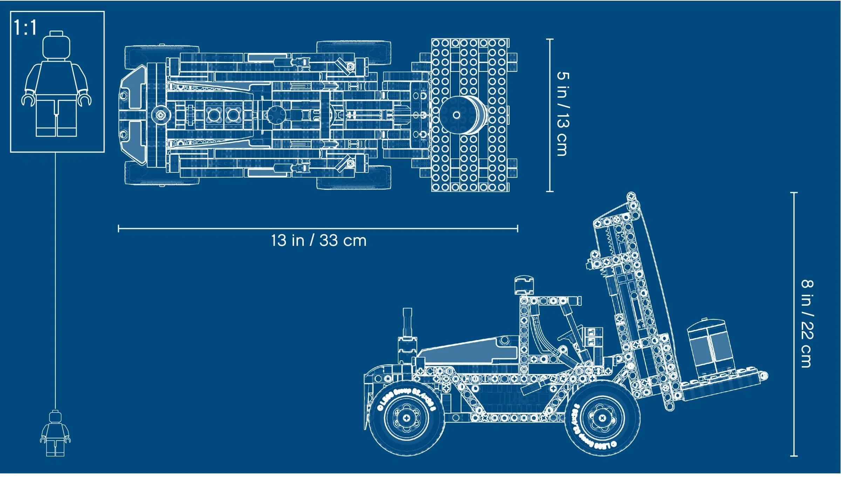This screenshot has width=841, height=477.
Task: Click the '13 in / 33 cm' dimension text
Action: (319, 241)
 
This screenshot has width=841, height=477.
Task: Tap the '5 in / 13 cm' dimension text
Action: (563, 114)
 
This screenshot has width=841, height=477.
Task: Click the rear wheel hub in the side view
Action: (406, 418)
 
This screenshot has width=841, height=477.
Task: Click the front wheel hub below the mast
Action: (602, 418)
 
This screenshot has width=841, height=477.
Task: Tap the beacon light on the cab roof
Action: (524, 285)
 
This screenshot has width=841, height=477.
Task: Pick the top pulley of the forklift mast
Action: (631, 196)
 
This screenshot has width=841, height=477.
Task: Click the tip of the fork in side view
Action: (764, 376)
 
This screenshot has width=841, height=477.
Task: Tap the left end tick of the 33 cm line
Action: (119, 229)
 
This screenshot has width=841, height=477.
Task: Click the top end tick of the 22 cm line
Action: (794, 193)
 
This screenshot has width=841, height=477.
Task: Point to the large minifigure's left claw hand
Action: (27, 100)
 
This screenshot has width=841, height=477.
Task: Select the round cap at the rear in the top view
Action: (161, 115)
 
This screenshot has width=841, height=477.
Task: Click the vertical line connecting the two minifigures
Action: (55, 280)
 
